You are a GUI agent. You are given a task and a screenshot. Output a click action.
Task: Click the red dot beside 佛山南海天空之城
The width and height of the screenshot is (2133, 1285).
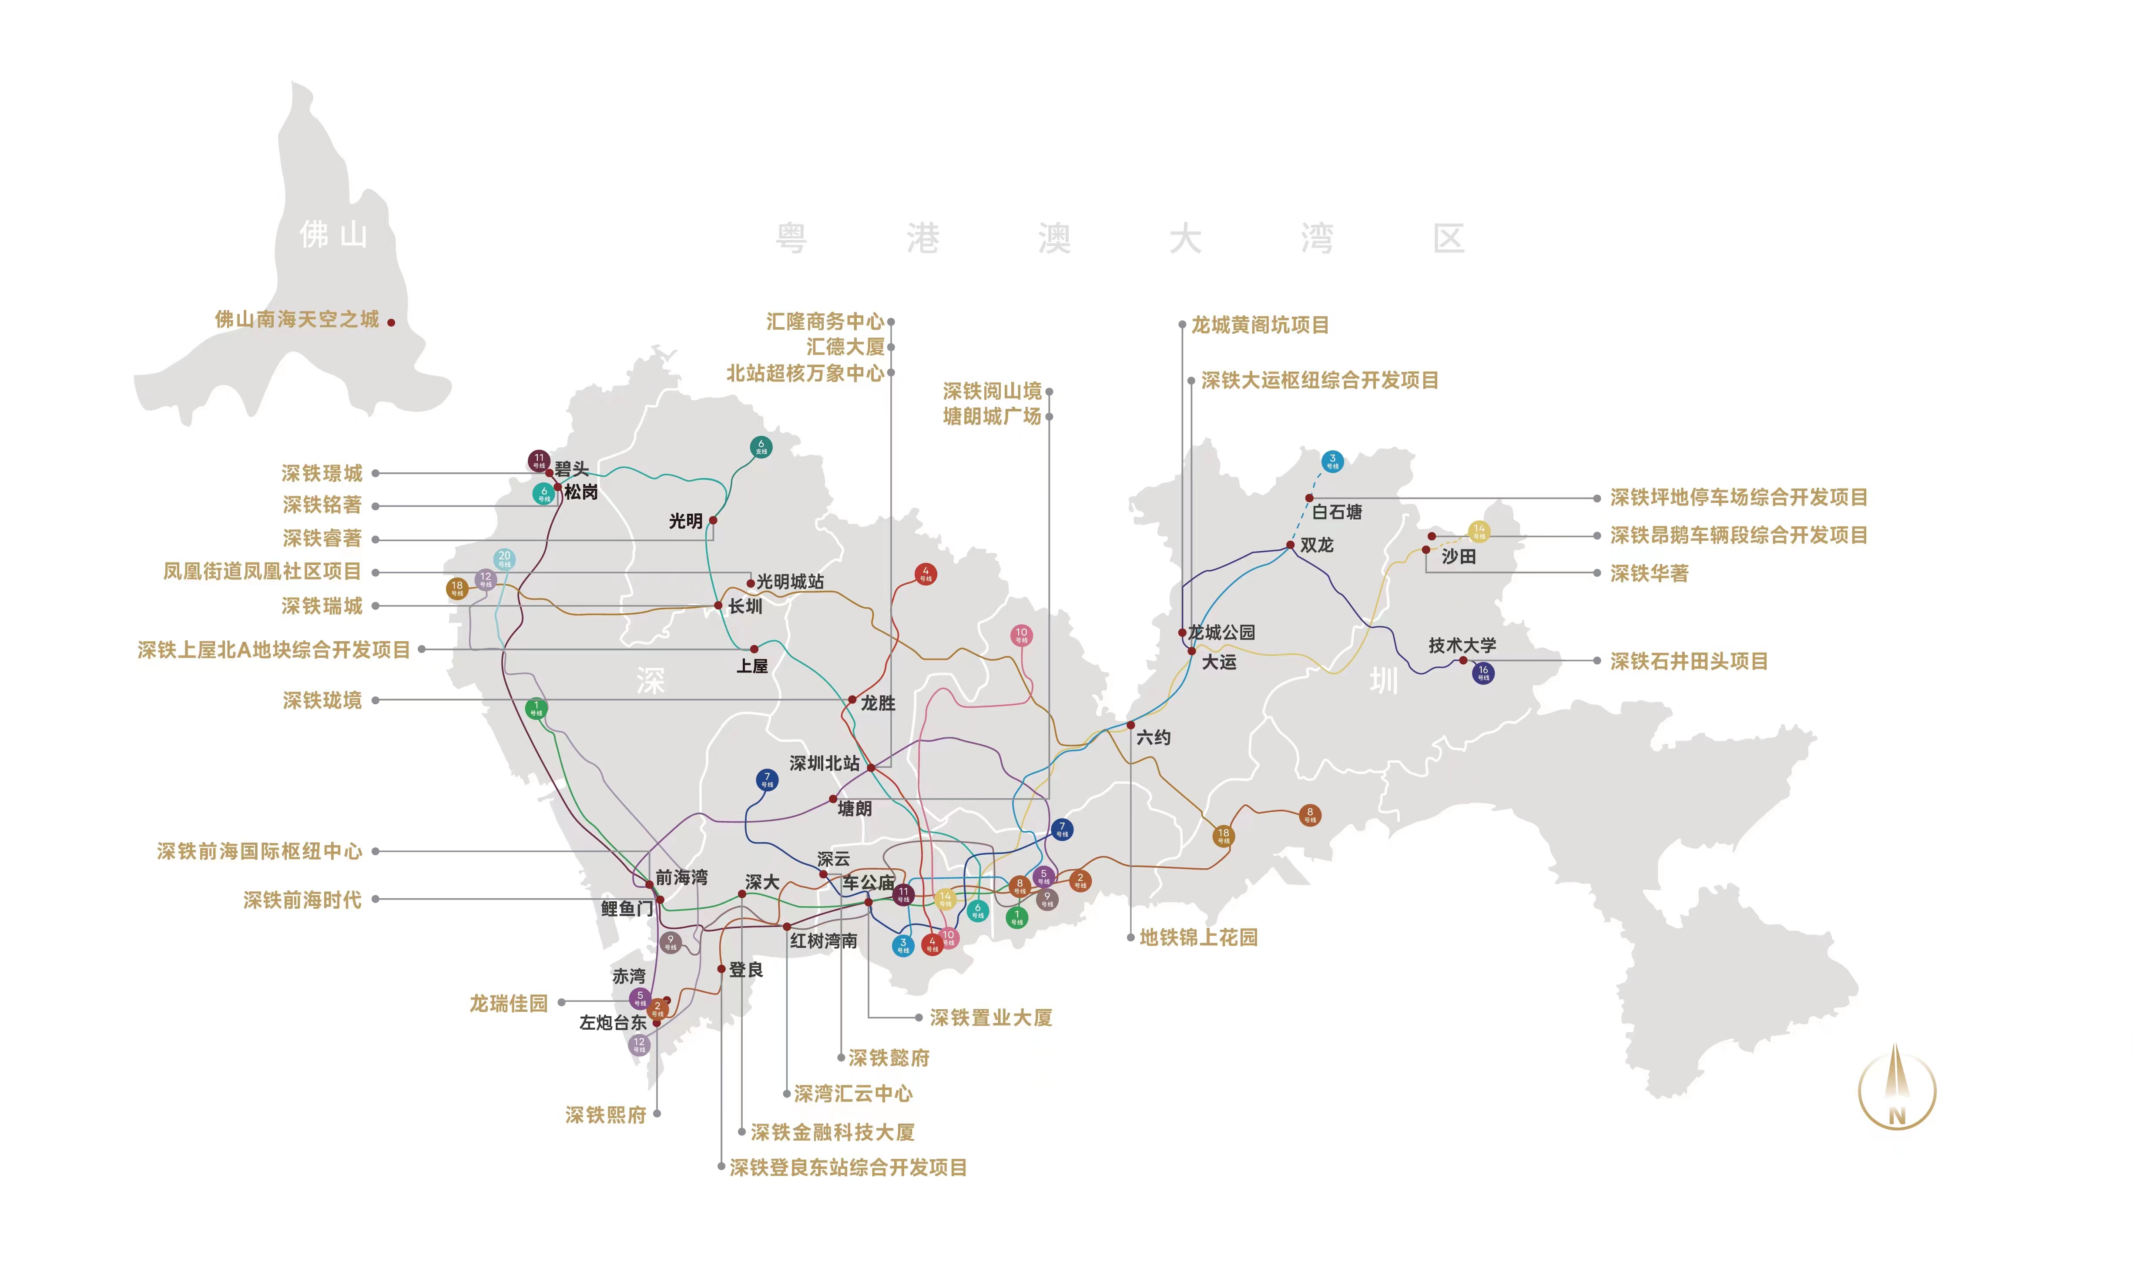click(391, 323)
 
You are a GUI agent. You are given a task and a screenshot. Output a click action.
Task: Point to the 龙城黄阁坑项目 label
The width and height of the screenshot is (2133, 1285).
click(1260, 325)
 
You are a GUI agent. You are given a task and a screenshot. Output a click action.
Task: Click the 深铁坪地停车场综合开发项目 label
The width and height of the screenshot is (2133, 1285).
click(1738, 498)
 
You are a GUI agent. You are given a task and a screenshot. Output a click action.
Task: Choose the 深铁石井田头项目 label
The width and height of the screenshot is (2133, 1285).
click(1688, 661)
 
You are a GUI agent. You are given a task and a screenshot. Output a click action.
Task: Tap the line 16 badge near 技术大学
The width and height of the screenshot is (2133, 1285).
click(1483, 673)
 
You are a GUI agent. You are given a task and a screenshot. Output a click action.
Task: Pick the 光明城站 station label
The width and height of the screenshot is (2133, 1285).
click(790, 582)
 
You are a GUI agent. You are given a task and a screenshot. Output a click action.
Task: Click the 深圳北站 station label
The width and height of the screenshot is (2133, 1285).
click(824, 763)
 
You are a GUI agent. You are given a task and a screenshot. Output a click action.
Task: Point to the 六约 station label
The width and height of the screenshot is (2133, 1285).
click(1153, 737)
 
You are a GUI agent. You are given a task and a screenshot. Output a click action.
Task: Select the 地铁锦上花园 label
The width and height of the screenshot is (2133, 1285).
click(1198, 937)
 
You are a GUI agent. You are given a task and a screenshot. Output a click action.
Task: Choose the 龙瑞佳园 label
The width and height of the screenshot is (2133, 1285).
click(509, 1003)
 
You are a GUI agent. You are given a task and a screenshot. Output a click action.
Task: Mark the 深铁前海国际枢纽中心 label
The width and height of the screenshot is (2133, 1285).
click(260, 851)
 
